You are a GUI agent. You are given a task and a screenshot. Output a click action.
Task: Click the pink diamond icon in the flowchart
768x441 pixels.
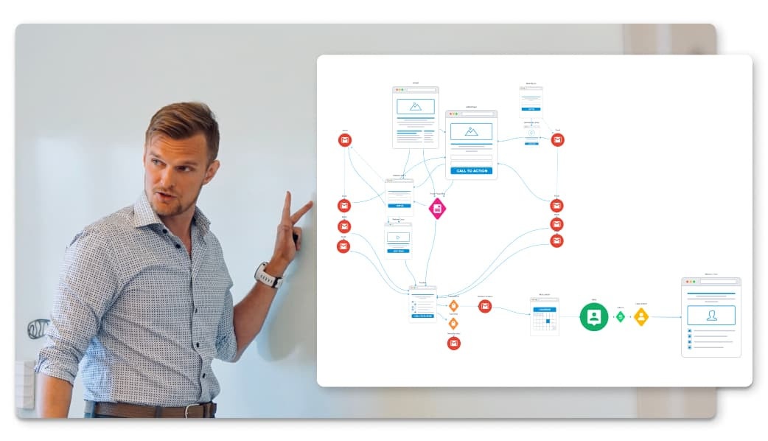point(438,209)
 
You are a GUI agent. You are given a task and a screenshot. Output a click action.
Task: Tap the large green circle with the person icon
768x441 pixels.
point(594,316)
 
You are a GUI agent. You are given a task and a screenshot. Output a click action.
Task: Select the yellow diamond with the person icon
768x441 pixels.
point(641,316)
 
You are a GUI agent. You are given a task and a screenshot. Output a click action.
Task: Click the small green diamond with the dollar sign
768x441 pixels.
point(621,316)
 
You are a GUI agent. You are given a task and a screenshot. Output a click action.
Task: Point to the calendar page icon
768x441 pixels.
point(544,316)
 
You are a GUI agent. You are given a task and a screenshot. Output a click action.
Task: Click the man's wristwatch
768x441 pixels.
point(268,275)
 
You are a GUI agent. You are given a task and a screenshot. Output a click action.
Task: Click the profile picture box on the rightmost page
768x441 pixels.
point(711,315)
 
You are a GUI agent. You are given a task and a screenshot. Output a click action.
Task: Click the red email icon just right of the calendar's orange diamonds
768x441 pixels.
point(484,306)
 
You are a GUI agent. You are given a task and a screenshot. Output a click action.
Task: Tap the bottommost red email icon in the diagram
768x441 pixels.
point(453,343)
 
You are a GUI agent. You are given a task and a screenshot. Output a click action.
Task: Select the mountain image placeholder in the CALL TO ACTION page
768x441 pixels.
point(471,131)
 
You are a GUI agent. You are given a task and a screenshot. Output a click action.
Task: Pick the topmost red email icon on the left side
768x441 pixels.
point(344,140)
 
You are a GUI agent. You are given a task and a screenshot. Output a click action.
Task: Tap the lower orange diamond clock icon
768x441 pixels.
point(453,323)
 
